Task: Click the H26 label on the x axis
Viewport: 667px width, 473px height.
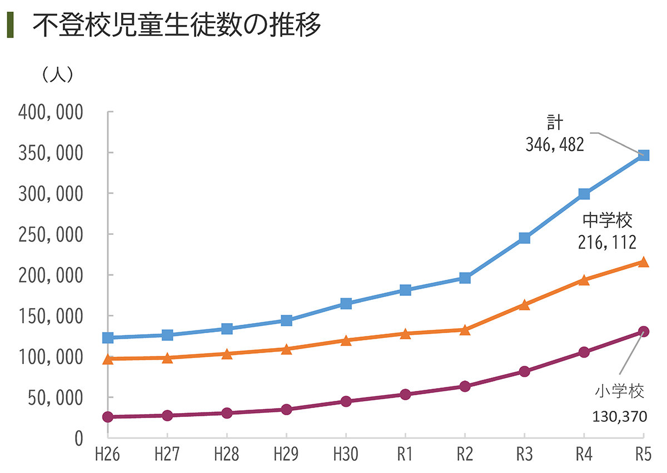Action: point(107,456)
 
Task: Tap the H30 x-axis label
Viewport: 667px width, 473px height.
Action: point(346,456)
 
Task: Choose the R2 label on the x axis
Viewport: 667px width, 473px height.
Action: point(465,456)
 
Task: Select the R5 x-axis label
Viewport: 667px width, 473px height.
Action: point(643,456)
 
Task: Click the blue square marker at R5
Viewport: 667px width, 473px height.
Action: point(644,155)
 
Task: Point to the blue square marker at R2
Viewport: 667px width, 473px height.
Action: point(465,278)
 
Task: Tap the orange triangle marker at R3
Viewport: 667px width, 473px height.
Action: point(525,305)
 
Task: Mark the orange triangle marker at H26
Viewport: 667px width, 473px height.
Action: point(108,359)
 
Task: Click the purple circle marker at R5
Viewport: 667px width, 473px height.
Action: point(644,331)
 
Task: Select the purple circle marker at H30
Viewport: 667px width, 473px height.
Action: point(346,401)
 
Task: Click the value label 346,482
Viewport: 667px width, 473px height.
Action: point(555,145)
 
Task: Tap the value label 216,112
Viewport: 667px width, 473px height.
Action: point(607,243)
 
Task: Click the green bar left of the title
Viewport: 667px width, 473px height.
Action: point(10,26)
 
